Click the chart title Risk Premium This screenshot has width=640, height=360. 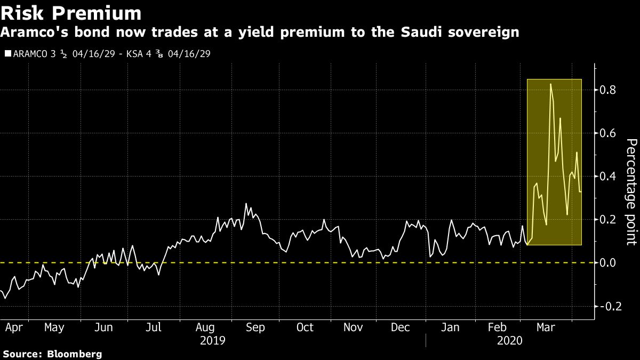point(71,12)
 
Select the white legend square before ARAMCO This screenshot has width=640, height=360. point(7,54)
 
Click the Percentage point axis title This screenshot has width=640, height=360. point(631,191)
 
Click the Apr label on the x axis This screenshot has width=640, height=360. point(14,327)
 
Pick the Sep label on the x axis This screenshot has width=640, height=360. point(254,327)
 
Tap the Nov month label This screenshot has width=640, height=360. point(353,327)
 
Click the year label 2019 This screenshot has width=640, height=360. point(212,340)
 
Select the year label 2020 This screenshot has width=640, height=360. point(509,340)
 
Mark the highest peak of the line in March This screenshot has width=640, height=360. point(550,84)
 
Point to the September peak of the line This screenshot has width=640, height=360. point(246,204)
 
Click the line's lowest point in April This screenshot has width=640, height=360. point(5,298)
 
